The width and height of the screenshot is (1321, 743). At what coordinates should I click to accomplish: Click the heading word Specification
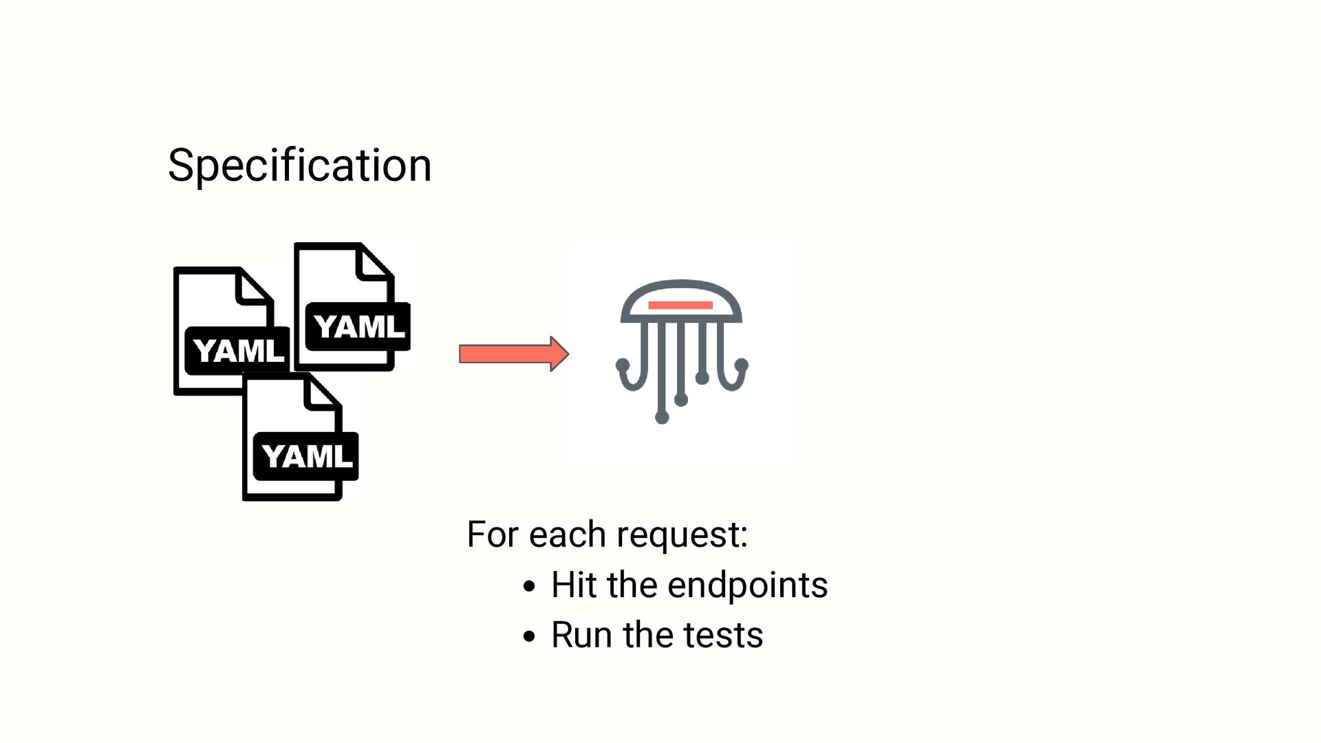(299, 166)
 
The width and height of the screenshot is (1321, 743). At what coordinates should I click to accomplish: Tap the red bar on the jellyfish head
(680, 305)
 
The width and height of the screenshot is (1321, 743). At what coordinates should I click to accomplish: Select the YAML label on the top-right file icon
(359, 326)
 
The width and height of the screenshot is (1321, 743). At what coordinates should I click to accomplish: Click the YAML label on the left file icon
(238, 351)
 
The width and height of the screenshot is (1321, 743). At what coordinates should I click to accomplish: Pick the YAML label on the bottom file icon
(307, 455)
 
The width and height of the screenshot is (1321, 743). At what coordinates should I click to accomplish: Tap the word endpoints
(747, 585)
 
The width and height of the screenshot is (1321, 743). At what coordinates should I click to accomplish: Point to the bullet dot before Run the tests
(528, 636)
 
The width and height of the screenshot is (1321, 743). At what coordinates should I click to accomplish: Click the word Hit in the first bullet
(573, 585)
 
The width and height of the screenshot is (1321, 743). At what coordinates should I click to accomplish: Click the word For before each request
(492, 535)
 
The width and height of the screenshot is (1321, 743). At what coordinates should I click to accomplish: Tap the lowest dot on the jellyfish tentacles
(662, 417)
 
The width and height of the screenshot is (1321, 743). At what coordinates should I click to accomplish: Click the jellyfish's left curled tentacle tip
(623, 364)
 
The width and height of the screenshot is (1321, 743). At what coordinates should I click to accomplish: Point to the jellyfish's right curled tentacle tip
(741, 364)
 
